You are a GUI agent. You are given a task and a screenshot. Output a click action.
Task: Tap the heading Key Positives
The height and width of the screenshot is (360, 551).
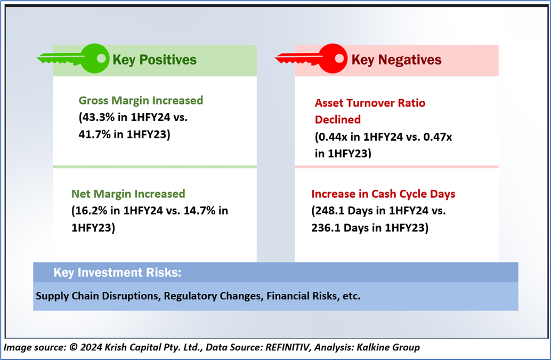coord(155,60)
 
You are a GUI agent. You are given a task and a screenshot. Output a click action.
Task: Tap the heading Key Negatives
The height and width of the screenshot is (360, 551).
coord(396,60)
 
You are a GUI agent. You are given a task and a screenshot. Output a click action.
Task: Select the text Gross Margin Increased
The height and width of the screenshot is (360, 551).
coord(141,101)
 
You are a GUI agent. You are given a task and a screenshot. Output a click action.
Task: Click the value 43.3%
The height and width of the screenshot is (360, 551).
coord(99,117)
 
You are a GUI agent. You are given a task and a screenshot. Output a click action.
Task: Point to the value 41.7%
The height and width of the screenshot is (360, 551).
coord(94,134)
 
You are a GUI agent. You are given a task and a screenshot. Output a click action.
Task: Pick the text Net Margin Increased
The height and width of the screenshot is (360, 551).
coord(128,194)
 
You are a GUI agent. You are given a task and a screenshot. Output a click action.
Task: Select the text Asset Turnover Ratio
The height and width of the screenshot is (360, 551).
coord(370,103)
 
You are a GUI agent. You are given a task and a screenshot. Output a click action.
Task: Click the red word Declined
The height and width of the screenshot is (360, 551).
coord(338,119)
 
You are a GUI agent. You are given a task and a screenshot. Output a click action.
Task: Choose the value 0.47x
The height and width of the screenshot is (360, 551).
coord(437,137)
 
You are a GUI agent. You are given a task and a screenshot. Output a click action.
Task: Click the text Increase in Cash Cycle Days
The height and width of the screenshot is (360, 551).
coord(383,194)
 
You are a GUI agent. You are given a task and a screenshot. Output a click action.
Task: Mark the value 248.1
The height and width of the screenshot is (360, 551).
coord(329,211)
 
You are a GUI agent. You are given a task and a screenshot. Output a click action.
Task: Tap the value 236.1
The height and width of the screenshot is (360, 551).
coord(326,228)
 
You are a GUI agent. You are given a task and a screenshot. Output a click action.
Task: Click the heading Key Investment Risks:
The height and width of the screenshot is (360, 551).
coord(117,273)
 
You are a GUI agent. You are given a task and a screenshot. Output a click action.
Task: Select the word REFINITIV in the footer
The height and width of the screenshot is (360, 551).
coord(288,347)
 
